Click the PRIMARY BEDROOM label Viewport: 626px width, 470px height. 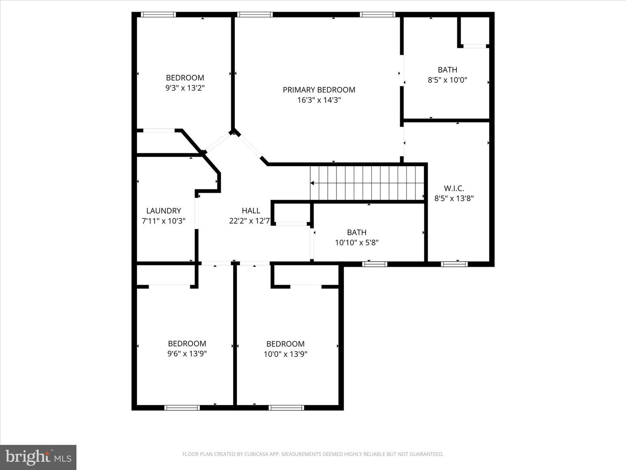[x=319, y=90]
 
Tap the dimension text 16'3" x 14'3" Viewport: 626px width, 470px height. [x=319, y=100]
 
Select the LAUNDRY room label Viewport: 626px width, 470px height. [x=163, y=211]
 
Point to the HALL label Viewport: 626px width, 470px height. [x=251, y=211]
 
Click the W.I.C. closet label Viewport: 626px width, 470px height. [x=453, y=188]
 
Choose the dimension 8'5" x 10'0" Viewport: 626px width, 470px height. [x=447, y=80]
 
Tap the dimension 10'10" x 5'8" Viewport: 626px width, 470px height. [x=356, y=243]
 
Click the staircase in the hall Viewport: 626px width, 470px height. [x=367, y=183]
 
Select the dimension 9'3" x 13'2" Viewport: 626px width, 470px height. [x=185, y=88]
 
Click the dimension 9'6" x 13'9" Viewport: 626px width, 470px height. [x=187, y=354]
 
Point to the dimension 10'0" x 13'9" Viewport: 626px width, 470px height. [x=285, y=354]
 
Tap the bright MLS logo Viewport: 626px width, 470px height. [x=38, y=457]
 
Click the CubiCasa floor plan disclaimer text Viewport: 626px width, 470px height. [x=313, y=454]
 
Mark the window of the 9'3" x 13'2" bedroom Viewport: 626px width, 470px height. [x=159, y=15]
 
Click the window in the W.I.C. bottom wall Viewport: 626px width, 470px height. [x=454, y=264]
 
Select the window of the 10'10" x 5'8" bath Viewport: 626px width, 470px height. [x=375, y=264]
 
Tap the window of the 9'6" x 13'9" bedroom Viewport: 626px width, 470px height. [x=182, y=408]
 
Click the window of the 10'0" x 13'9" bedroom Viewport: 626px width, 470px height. [x=286, y=408]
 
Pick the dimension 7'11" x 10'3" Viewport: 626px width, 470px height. [x=163, y=221]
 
